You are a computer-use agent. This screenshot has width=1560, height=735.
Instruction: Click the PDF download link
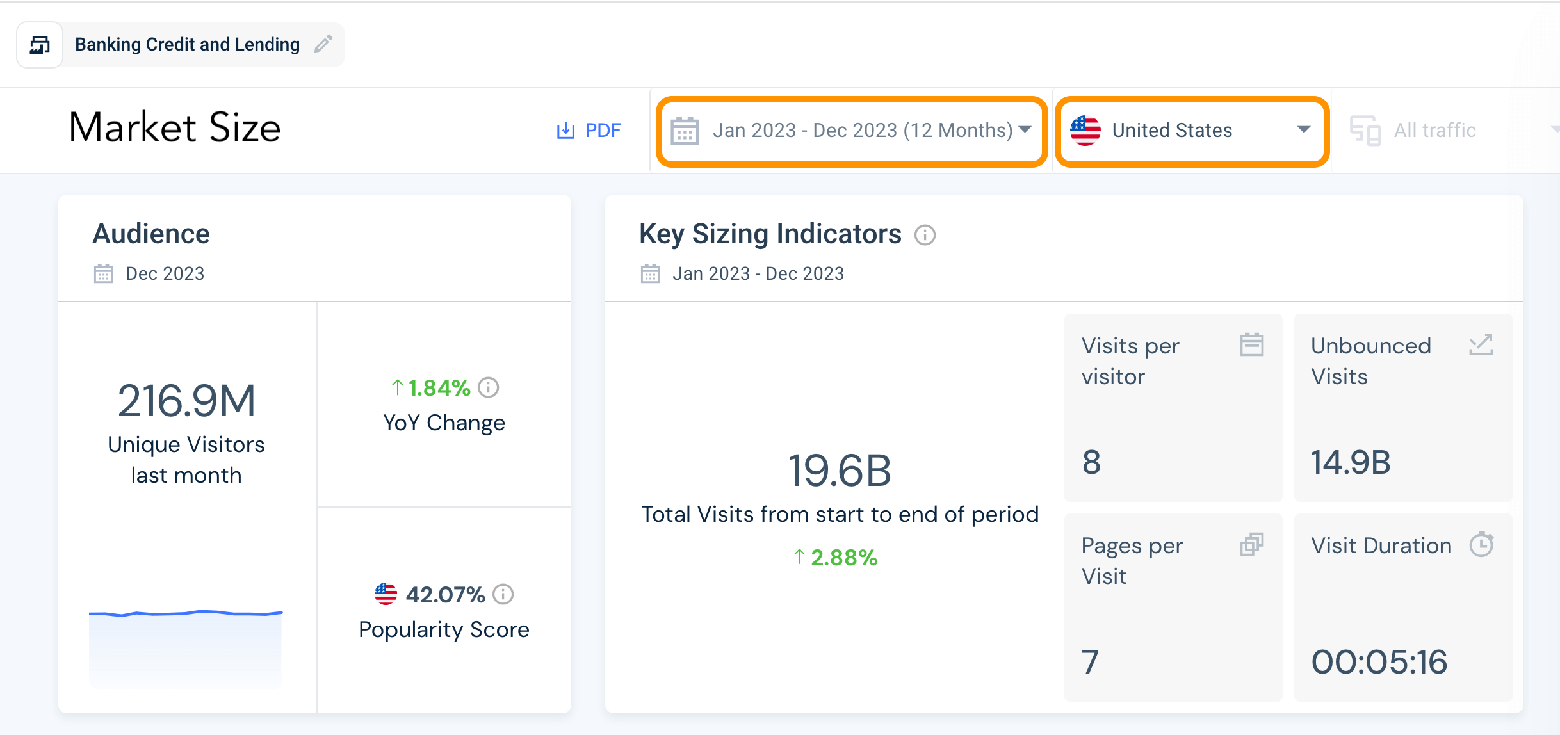point(589,131)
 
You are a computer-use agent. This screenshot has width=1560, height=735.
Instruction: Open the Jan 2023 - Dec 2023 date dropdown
point(852,131)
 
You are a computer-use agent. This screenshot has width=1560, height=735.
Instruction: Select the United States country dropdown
point(1191,131)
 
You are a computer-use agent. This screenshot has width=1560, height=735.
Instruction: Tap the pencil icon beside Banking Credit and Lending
point(323,44)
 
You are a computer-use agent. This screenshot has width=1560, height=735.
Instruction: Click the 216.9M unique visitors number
point(186,401)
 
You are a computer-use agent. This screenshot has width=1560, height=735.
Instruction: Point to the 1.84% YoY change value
point(439,388)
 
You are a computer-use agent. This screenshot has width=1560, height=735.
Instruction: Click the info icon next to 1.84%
point(489,387)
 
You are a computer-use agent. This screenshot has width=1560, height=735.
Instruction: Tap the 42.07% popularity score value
point(445,595)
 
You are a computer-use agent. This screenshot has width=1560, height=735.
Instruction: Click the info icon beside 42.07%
point(503,594)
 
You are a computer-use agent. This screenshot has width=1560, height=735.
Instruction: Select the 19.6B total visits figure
point(840,471)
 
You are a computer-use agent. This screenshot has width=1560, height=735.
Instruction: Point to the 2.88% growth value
point(843,558)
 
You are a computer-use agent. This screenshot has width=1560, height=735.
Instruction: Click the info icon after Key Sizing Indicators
point(925,235)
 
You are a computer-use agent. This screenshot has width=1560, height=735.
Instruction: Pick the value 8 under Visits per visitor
point(1091,462)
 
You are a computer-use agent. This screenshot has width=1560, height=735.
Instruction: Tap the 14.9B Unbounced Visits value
point(1351,462)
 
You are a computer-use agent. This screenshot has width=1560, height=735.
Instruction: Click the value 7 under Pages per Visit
point(1090,662)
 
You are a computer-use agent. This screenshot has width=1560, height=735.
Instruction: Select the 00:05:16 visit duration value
point(1379,662)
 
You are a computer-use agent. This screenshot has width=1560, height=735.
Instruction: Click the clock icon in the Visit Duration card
point(1481,545)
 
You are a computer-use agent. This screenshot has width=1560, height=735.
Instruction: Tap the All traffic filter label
point(1434,131)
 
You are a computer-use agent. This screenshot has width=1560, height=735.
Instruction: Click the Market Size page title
point(175,127)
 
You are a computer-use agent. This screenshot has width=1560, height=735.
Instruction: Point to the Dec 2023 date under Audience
point(165,274)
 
